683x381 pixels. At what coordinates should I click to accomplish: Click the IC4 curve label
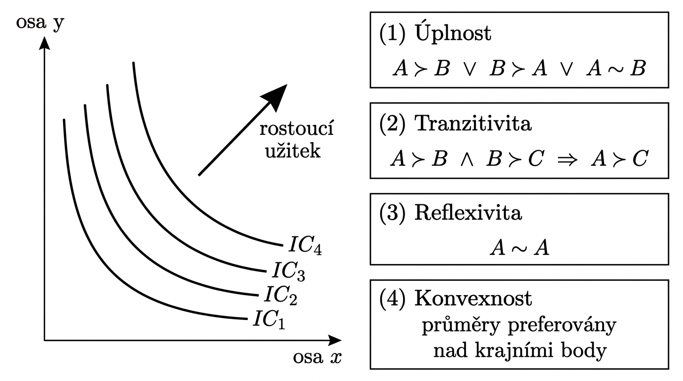point(306,246)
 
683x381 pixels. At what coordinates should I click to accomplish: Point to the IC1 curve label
point(270,319)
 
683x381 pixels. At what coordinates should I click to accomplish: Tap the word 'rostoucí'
point(296,131)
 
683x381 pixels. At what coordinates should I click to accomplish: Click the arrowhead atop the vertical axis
point(45,43)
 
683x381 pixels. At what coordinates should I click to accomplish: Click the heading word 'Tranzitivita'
point(472,124)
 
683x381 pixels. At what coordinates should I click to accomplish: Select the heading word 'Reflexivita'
point(468,214)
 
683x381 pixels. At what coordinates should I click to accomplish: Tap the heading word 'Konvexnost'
point(473,298)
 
